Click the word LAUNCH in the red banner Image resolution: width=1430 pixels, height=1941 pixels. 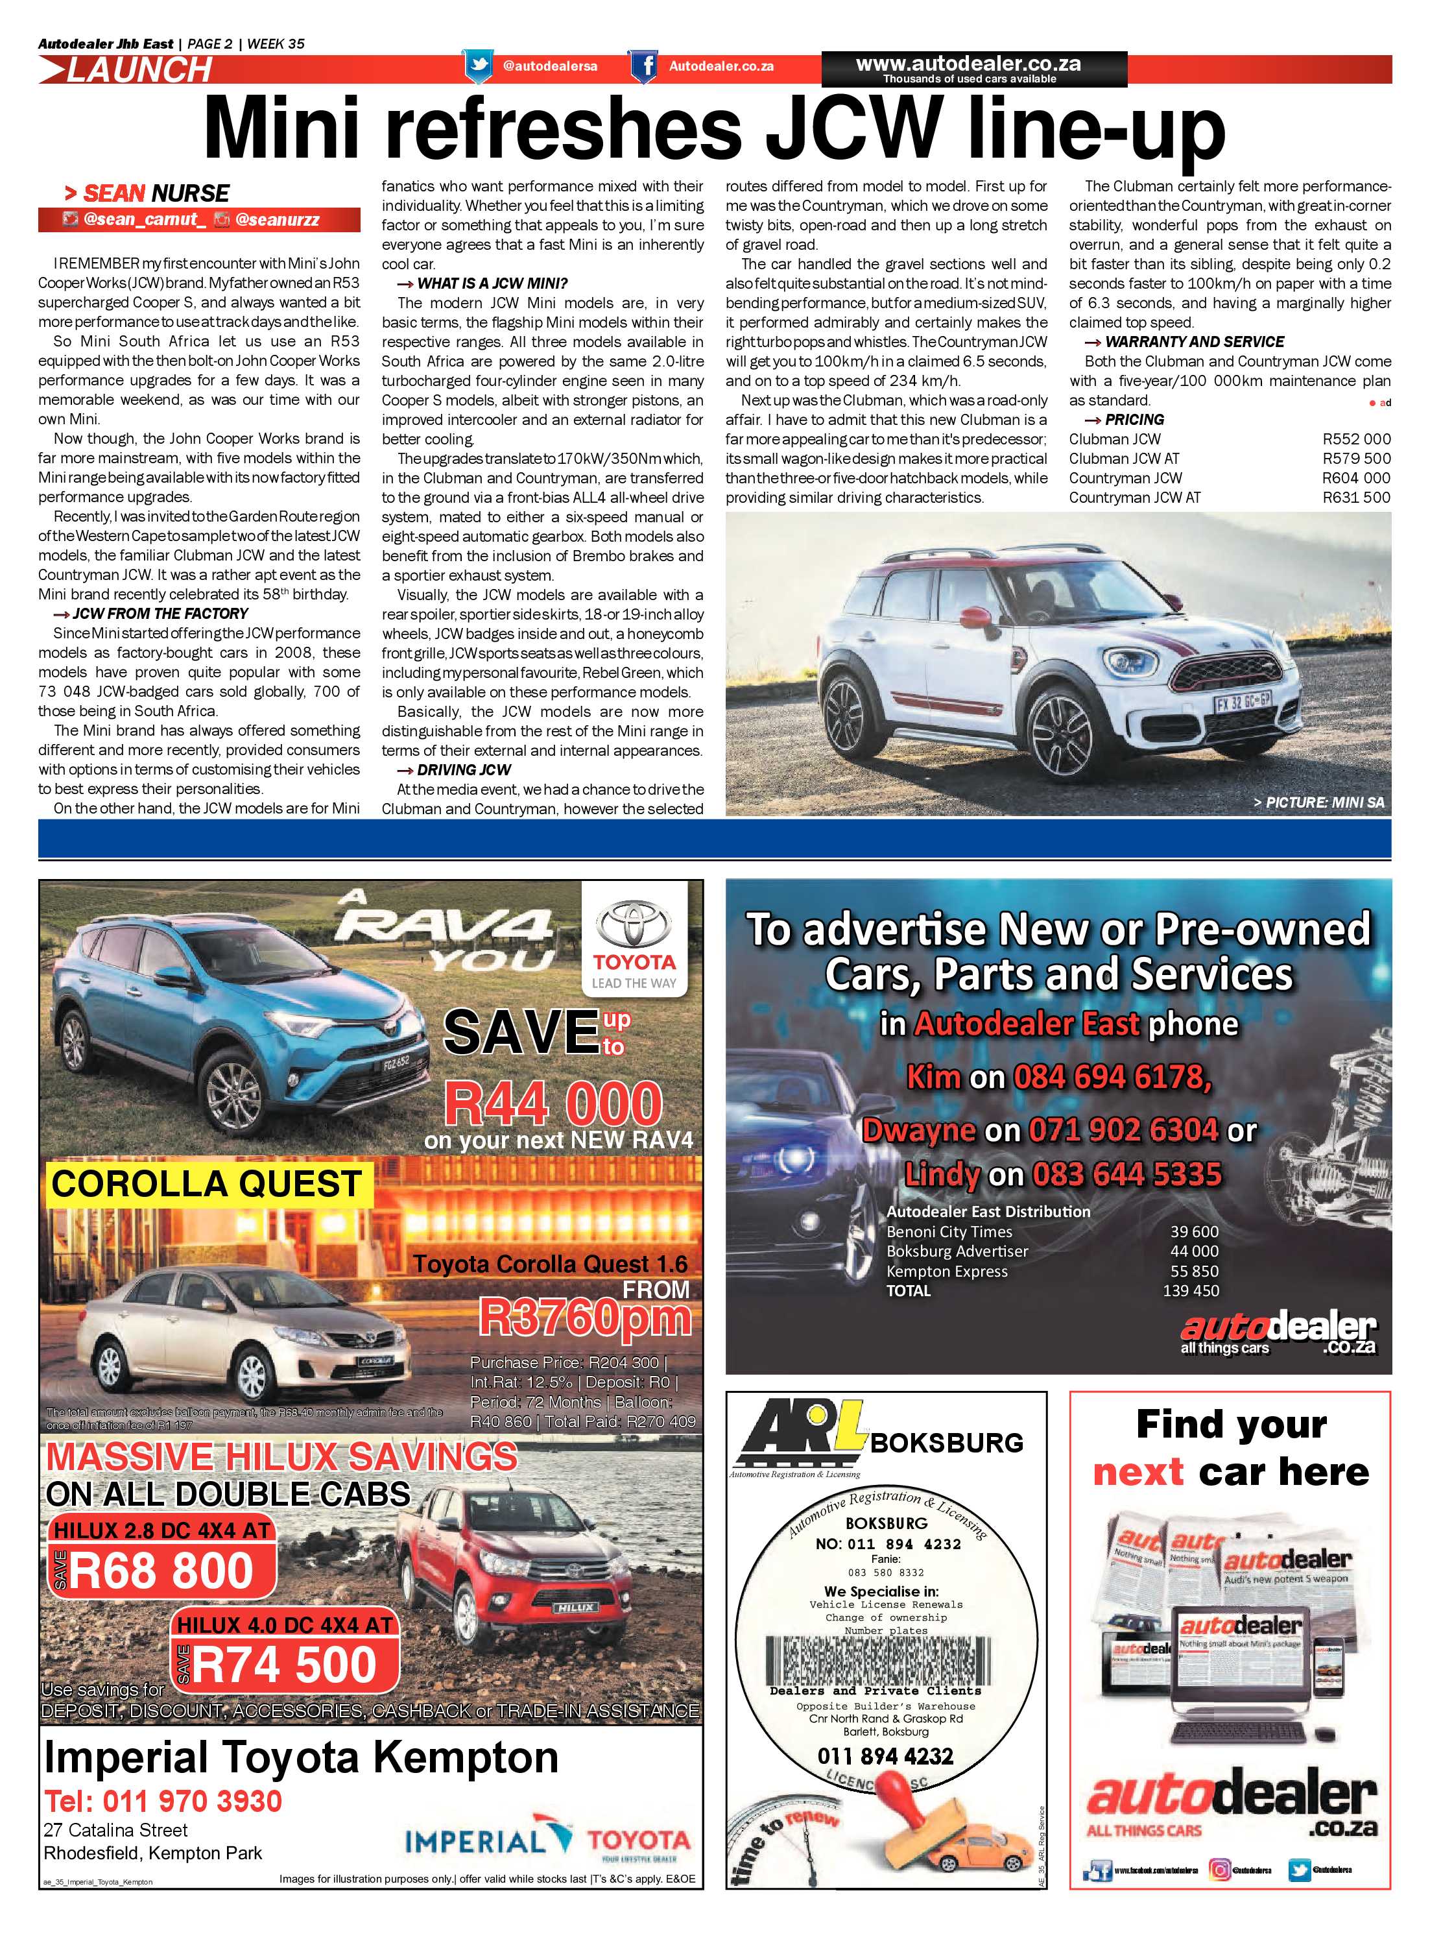139,70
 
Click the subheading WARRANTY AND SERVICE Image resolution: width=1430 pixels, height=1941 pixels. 1194,342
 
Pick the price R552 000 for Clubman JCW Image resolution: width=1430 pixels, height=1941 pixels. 1355,439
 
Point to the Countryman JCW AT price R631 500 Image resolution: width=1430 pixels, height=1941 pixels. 1355,498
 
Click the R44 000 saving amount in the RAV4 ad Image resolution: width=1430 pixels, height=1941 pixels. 553,1105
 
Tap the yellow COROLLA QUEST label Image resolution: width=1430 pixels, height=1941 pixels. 206,1183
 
